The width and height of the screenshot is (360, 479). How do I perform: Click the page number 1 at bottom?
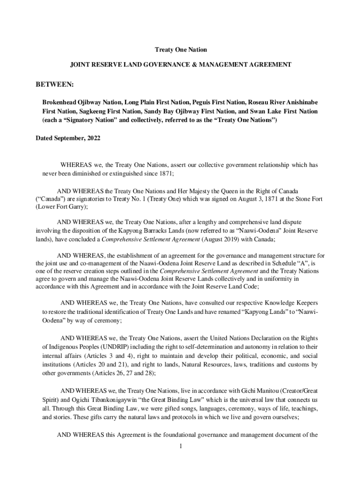(180, 446)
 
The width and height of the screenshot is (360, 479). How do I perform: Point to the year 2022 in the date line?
(92, 138)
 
